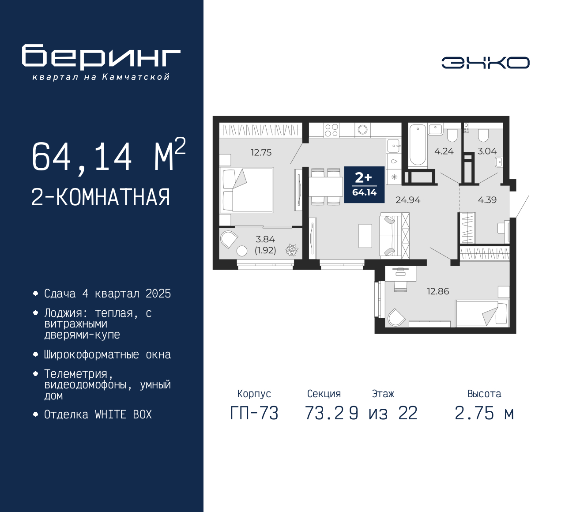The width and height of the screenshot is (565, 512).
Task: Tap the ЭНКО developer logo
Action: pyautogui.click(x=485, y=63)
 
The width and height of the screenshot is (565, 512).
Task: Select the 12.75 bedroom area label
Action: pyautogui.click(x=261, y=152)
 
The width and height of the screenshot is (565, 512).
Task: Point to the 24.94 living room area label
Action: pyautogui.click(x=408, y=200)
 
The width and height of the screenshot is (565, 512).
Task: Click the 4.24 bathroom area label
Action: pyautogui.click(x=444, y=151)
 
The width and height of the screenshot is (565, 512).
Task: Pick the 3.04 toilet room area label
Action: pyautogui.click(x=487, y=151)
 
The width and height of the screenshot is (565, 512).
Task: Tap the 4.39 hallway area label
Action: pyautogui.click(x=487, y=200)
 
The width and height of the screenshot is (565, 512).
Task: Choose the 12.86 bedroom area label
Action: pyautogui.click(x=438, y=291)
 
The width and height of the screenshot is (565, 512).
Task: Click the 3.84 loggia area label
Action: pyautogui.click(x=265, y=239)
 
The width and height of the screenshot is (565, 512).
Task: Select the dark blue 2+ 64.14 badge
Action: pyautogui.click(x=365, y=184)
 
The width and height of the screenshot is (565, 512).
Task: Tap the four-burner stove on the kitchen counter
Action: pyautogui.click(x=331, y=130)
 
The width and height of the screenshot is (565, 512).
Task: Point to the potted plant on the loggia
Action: pyautogui.click(x=292, y=250)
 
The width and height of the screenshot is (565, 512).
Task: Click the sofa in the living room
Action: pyautogui.click(x=394, y=236)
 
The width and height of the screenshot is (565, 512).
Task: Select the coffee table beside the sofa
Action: pyautogui.click(x=365, y=236)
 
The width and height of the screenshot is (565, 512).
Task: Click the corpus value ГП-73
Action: pyautogui.click(x=254, y=413)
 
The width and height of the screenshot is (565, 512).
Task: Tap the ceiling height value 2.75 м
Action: pyautogui.click(x=484, y=413)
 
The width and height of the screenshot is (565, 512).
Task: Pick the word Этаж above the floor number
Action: pyautogui.click(x=383, y=394)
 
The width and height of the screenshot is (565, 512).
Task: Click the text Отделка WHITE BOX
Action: pyautogui.click(x=98, y=414)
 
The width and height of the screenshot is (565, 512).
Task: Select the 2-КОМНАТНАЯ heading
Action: pyautogui.click(x=101, y=197)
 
